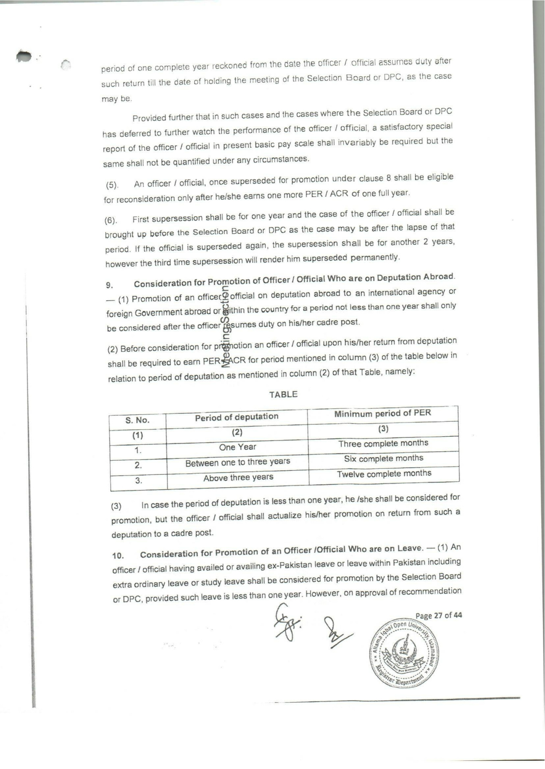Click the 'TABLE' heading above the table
[x=283, y=394]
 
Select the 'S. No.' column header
[x=137, y=420]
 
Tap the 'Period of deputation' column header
[x=237, y=417]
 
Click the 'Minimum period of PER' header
[x=382, y=413]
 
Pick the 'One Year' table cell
[x=237, y=447]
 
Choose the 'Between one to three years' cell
[x=237, y=462]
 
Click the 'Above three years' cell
[x=238, y=478]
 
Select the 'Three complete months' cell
[x=383, y=443]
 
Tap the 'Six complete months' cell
[x=383, y=458]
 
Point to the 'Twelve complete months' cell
[x=384, y=474]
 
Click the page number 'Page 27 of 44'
[x=438, y=615]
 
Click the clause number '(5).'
[x=112, y=185]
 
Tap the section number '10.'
[x=118, y=556]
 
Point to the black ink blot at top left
[x=24, y=56]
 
